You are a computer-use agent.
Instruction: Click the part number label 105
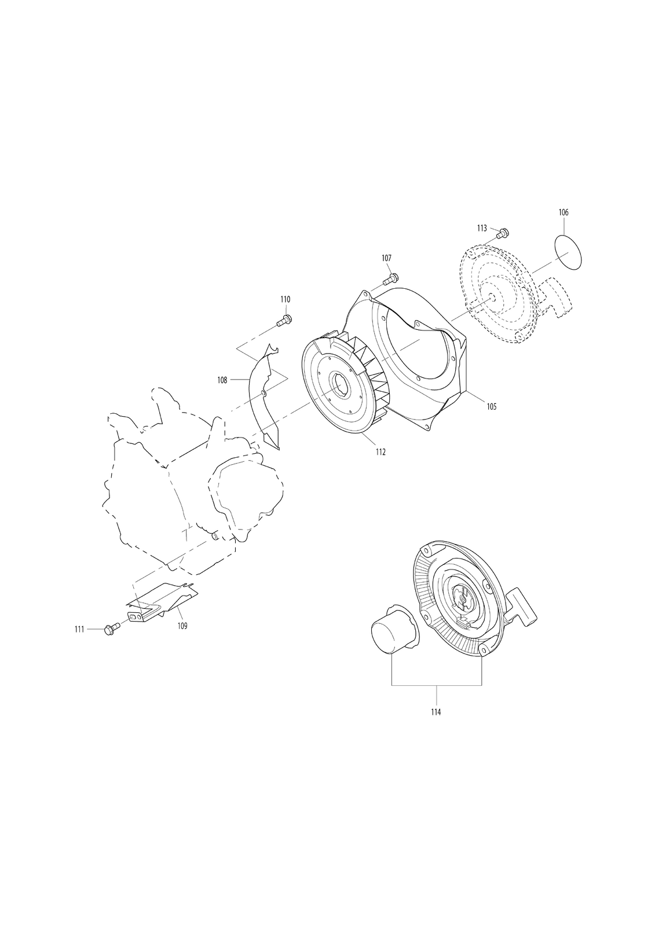pos(491,407)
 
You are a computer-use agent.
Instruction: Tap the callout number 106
pos(563,212)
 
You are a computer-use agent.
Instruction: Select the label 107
pos(386,258)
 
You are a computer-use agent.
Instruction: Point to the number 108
pos(222,380)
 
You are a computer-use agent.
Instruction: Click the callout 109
pos(182,626)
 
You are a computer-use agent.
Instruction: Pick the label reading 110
pos(286,299)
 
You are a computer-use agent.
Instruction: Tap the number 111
pos(79,629)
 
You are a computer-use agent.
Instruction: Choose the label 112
pos(380,452)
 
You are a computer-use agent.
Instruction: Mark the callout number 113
pos(482,227)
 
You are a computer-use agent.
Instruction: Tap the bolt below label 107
pos(390,278)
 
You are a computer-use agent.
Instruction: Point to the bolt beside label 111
pos(112,629)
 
